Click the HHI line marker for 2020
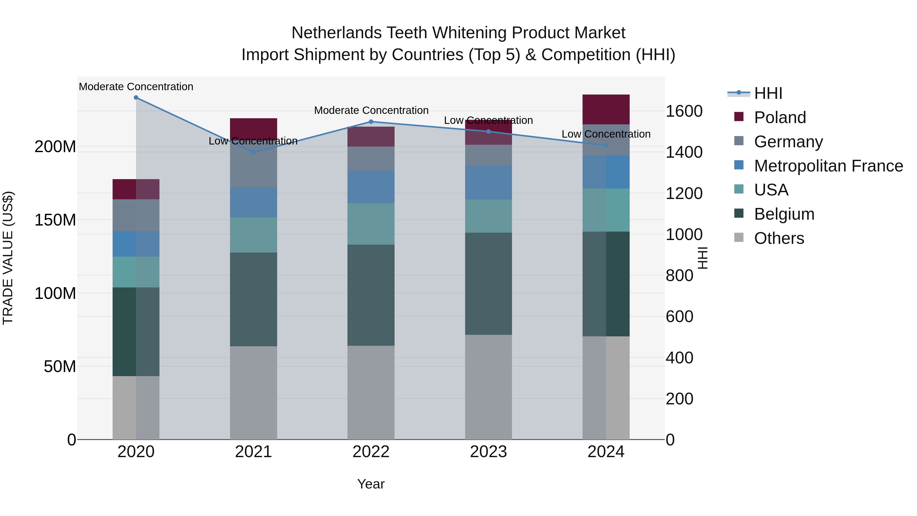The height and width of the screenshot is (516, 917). (x=136, y=98)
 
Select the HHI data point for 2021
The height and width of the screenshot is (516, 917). (x=253, y=152)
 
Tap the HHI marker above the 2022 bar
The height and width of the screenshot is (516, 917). (x=371, y=122)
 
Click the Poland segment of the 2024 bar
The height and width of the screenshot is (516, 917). (x=606, y=109)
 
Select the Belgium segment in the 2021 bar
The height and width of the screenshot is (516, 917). (x=253, y=299)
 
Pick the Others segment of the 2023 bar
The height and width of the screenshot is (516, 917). (x=488, y=387)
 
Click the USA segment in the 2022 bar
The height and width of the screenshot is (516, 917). (x=371, y=224)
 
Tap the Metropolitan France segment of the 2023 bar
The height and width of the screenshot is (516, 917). (x=488, y=182)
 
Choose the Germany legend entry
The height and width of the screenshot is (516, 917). (x=788, y=142)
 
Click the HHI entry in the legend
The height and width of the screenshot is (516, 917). (x=768, y=93)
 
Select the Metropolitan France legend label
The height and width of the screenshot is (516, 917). (x=828, y=166)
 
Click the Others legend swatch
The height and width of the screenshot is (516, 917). (x=739, y=237)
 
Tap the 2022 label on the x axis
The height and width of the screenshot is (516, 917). (x=371, y=452)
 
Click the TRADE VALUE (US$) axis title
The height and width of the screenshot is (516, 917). (x=8, y=258)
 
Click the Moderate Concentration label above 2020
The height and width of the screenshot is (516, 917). (x=136, y=87)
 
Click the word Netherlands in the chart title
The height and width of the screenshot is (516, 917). (x=336, y=33)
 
